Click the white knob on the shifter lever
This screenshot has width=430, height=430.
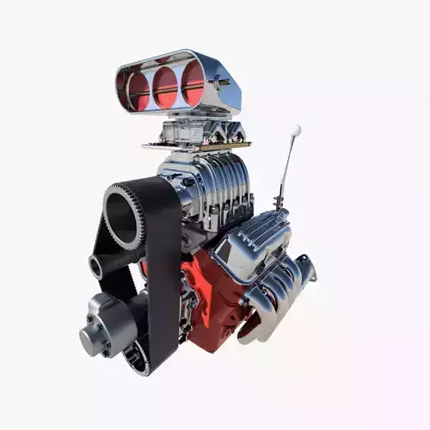point(296,131)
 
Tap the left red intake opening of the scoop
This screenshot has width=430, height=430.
point(138,89)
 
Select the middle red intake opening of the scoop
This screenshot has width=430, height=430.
point(165,86)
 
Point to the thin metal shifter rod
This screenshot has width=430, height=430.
point(288,168)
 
